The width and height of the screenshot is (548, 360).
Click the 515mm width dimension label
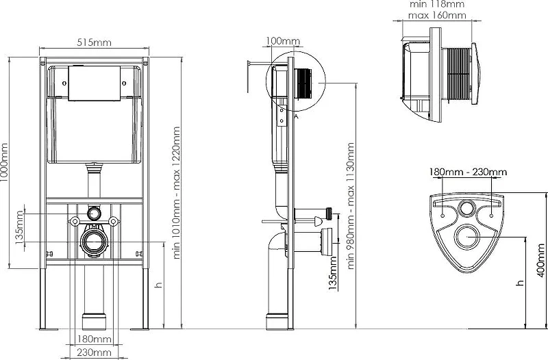(x=94, y=42)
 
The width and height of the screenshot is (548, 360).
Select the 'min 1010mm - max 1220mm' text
(x=177, y=192)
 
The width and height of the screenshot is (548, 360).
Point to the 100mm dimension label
(x=283, y=41)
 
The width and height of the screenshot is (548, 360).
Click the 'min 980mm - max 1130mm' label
(x=351, y=205)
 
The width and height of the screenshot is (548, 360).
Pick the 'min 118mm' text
(x=437, y=4)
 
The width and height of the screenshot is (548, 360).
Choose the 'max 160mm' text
(x=437, y=15)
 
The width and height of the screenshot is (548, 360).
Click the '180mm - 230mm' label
(x=468, y=172)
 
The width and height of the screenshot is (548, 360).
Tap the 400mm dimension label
(x=541, y=260)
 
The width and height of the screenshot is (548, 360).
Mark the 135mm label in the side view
(x=333, y=273)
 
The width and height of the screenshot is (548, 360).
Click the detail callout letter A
(x=296, y=116)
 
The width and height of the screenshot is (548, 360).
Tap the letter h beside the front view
(x=159, y=285)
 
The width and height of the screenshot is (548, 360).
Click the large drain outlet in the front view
(x=94, y=241)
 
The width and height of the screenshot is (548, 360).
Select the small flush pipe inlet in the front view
(x=94, y=213)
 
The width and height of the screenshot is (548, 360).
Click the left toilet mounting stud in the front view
(x=75, y=221)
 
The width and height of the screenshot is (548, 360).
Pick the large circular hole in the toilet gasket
(x=467, y=237)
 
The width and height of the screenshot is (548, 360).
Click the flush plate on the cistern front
(x=95, y=83)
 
